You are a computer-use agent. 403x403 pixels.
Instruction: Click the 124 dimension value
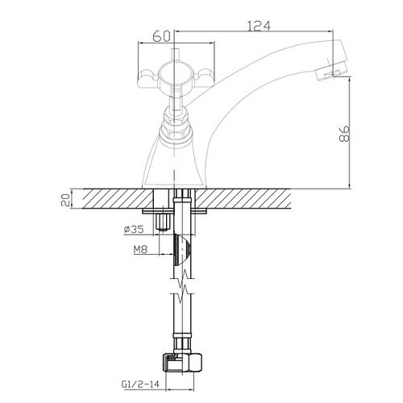[259, 26]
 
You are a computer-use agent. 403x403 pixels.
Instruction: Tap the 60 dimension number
[161, 36]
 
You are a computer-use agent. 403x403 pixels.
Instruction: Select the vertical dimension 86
[344, 134]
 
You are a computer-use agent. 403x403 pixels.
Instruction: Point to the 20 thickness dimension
[66, 200]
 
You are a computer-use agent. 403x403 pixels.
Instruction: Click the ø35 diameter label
[134, 229]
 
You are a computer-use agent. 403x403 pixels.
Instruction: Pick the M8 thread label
[140, 250]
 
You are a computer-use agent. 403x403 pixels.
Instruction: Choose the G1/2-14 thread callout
[140, 384]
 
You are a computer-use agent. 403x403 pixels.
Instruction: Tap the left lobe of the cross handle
[148, 78]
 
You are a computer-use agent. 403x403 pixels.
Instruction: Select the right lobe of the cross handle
[206, 77]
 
